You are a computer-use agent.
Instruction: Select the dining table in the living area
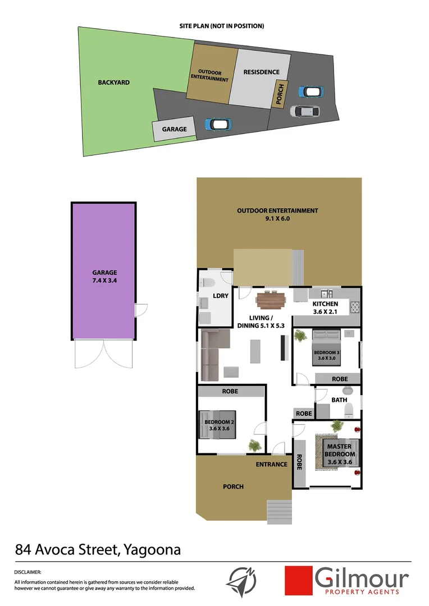point(272,301)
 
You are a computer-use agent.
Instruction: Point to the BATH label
point(339,400)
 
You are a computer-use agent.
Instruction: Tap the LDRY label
point(221,296)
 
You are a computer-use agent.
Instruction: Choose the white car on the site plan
point(304,111)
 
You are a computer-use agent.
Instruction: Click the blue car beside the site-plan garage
point(217,124)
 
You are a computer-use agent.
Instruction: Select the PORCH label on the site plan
point(279,94)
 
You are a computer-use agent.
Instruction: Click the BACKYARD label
point(113,82)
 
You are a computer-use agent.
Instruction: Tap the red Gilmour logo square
point(298,580)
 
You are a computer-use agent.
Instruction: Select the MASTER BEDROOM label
point(340,450)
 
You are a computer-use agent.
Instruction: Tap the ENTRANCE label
point(271,464)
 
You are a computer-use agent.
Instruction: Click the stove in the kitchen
point(355,307)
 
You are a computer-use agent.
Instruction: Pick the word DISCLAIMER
point(28,572)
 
